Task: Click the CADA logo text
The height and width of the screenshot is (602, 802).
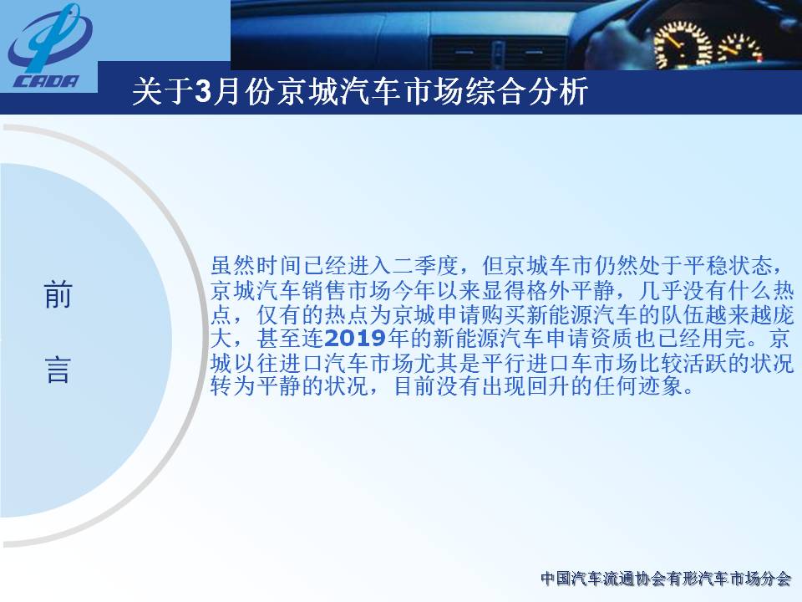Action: point(47,81)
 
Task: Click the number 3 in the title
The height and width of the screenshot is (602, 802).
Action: point(204,92)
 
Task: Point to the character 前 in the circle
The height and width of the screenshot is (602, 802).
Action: point(58,295)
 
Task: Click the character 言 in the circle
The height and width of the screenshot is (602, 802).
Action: point(58,370)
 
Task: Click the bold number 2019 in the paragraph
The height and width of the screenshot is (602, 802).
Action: point(355,339)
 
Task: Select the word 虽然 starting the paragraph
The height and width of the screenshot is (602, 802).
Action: point(233,266)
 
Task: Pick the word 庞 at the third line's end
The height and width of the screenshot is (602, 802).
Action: point(783,314)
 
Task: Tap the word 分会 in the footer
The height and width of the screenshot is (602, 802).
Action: point(775,579)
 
